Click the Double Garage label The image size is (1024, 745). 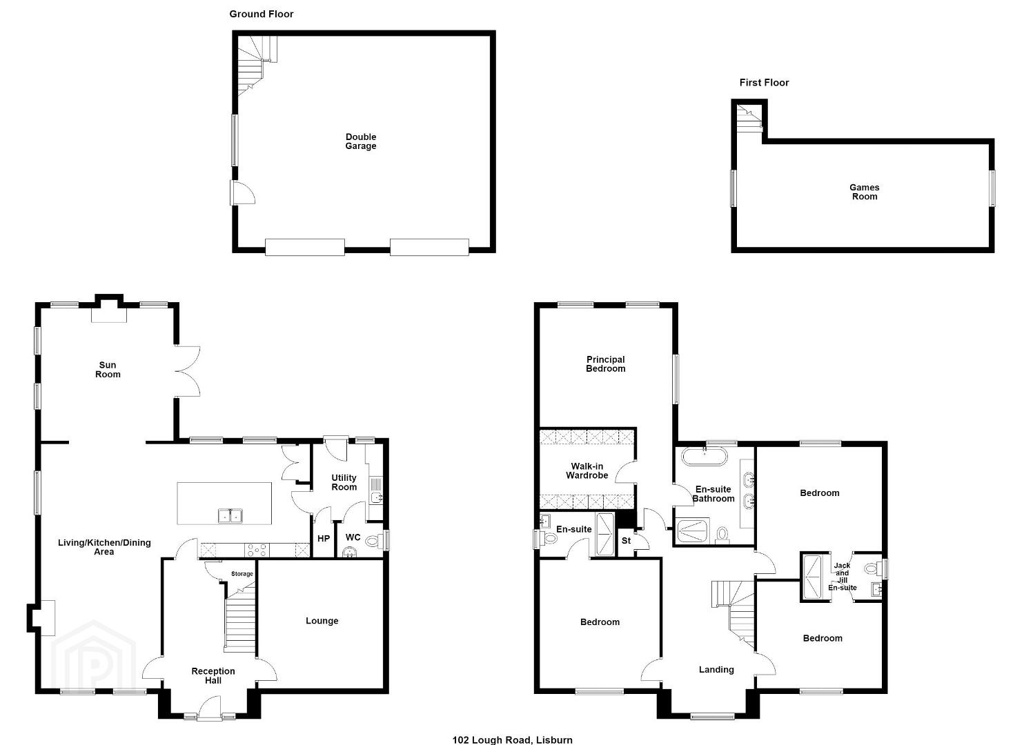(361, 141)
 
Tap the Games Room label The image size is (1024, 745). (865, 192)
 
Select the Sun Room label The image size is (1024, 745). (108, 369)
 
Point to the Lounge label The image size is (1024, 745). (322, 621)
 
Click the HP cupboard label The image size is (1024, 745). (324, 539)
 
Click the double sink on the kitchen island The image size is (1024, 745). (230, 516)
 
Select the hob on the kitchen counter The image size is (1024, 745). (257, 550)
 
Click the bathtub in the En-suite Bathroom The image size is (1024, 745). (704, 456)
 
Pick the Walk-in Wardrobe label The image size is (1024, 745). (587, 470)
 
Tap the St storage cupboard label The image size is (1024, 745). (627, 541)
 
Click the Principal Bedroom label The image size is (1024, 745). (606, 364)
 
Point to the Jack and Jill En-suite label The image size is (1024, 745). (842, 577)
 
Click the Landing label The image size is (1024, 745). (716, 670)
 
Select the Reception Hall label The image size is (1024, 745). (213, 675)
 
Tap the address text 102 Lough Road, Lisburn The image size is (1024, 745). (512, 740)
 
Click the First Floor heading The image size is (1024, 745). (764, 83)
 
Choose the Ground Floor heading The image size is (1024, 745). (261, 14)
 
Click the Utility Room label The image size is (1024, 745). (344, 482)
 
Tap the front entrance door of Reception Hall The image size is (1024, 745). (209, 708)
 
